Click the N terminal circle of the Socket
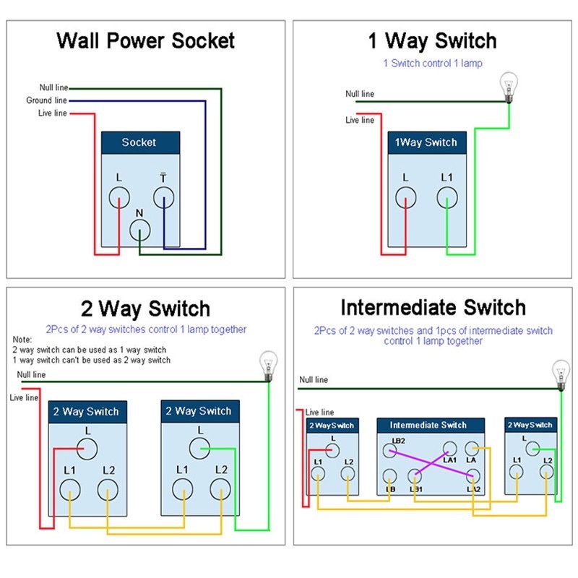click(x=139, y=230)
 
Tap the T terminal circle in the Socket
click(x=164, y=197)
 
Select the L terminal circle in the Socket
click(x=119, y=197)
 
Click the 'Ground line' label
click(x=46, y=100)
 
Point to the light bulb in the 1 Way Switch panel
click(x=509, y=87)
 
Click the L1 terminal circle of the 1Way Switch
click(x=447, y=197)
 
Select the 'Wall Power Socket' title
click(x=146, y=40)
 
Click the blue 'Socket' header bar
click(x=140, y=142)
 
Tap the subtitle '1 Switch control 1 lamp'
click(x=433, y=64)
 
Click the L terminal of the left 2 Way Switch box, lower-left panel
click(x=87, y=449)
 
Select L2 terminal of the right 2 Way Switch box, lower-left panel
click(x=220, y=490)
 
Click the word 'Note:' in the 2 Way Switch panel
click(x=22, y=339)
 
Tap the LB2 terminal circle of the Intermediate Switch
click(x=389, y=451)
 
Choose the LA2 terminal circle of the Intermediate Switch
click(x=473, y=476)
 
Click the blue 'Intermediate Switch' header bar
click(x=431, y=426)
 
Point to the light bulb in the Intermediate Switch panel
click(x=561, y=375)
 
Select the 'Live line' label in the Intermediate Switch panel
click(x=319, y=412)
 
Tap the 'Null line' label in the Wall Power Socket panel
click(x=53, y=87)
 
